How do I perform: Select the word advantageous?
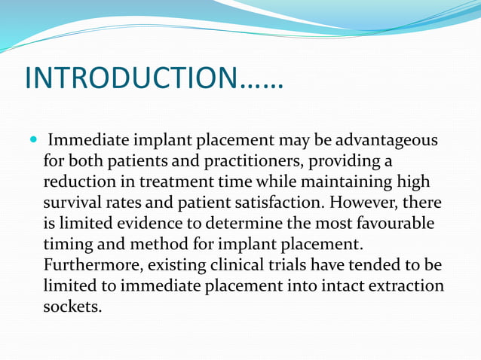coord(388,141)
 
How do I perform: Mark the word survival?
coord(73,203)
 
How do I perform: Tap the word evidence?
coord(142,224)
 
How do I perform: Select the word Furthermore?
coord(93,266)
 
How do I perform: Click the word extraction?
coord(408,287)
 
